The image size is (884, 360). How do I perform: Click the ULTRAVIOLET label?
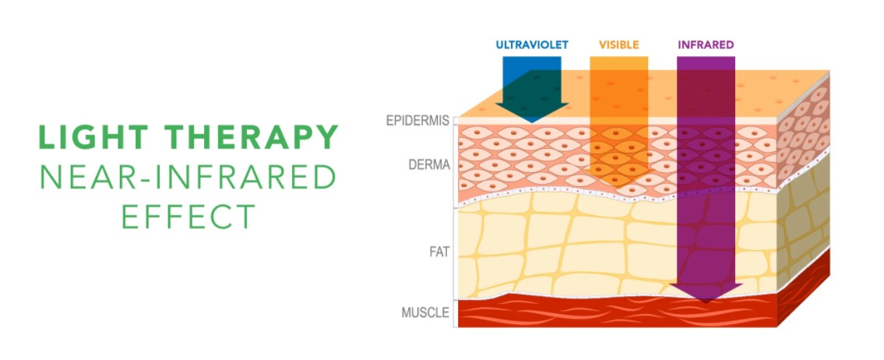[x=532, y=44]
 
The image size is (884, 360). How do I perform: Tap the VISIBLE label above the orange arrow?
[x=619, y=44]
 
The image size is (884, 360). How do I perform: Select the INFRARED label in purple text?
[x=706, y=44]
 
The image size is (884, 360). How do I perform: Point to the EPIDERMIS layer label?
[x=417, y=121]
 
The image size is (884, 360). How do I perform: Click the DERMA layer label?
[x=429, y=164]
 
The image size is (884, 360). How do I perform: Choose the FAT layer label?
[x=440, y=252]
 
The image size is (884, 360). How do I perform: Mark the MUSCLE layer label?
[x=426, y=312]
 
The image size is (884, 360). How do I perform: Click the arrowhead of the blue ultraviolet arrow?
[x=532, y=113]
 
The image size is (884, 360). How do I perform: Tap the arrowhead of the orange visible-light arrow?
[x=611, y=178]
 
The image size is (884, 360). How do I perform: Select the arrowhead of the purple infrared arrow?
[x=706, y=292]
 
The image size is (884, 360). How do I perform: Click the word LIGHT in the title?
[x=93, y=137]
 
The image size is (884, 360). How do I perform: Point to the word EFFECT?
[x=188, y=216]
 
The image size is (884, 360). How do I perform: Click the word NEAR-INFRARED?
[x=188, y=177]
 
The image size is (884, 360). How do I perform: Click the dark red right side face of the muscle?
[x=803, y=288]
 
